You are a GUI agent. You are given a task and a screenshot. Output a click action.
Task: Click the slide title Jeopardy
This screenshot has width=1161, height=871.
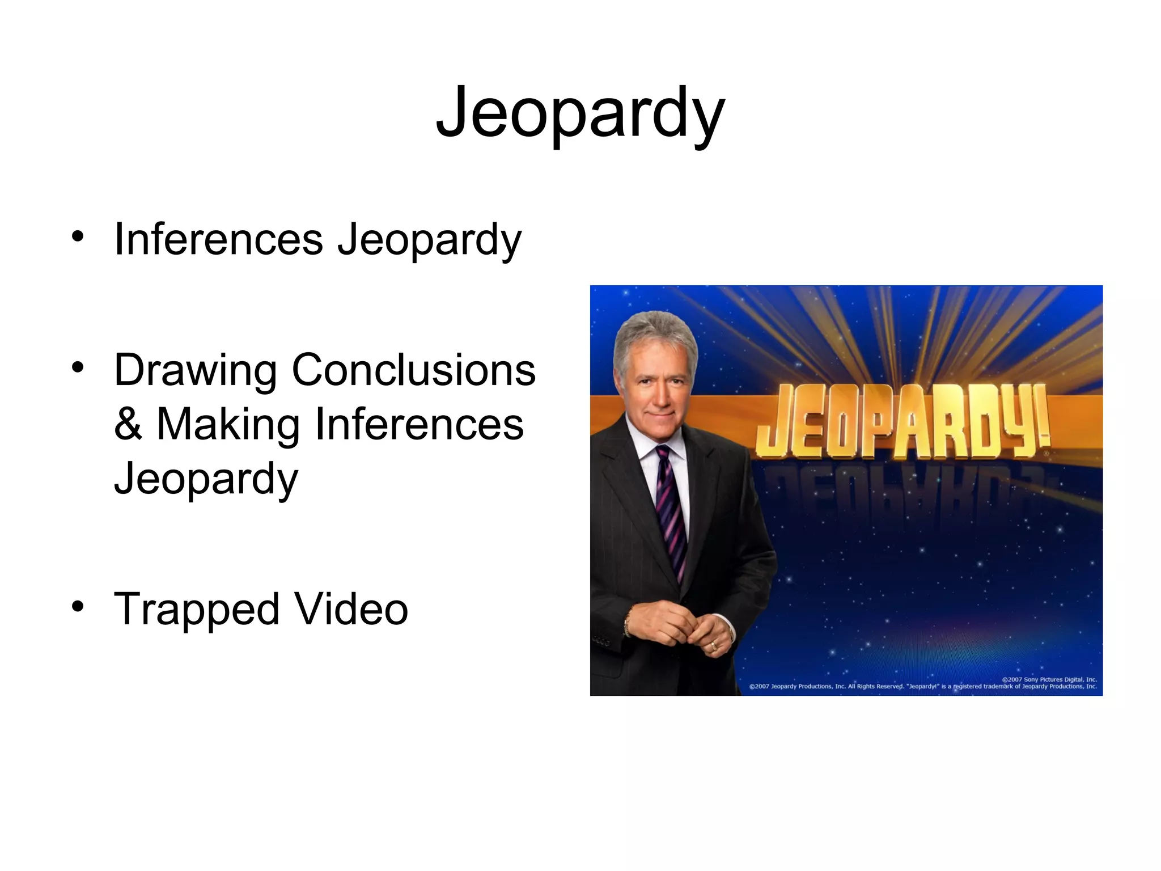[580, 113]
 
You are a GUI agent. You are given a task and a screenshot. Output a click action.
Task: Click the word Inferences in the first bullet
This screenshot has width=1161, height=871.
[218, 239]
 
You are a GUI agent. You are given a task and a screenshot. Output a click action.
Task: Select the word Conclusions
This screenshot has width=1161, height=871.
[413, 370]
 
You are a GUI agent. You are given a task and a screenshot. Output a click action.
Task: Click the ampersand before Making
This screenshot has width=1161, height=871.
[128, 424]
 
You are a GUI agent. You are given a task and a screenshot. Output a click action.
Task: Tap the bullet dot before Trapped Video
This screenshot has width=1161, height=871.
[78, 606]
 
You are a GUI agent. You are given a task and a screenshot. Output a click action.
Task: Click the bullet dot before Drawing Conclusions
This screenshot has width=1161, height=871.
[78, 367]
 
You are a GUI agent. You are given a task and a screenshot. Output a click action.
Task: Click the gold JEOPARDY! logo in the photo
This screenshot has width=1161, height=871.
[901, 422]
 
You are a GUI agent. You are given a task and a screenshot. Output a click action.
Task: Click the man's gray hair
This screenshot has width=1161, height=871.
[655, 335]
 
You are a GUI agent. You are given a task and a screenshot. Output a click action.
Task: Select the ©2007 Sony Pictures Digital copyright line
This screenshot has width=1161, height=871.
[1049, 679]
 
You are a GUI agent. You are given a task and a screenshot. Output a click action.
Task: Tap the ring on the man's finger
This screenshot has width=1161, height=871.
[714, 645]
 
